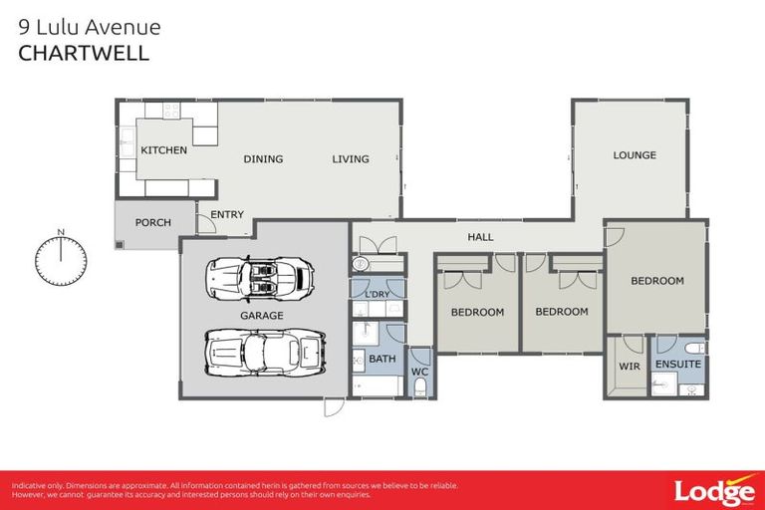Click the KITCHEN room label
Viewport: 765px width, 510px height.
[163, 150]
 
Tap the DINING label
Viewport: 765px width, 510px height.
[263, 159]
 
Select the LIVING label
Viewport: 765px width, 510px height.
[350, 159]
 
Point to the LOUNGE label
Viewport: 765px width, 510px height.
[635, 155]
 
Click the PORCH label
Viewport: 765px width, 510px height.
[152, 223]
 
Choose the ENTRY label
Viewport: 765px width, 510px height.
[227, 215]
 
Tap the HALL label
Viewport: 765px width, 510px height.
[481, 237]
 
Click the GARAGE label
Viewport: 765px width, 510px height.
[261, 316]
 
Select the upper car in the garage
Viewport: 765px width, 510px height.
[258, 279]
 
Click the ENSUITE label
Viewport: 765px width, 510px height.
[677, 365]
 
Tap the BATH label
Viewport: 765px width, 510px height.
[382, 358]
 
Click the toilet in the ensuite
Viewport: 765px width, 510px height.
[694, 349]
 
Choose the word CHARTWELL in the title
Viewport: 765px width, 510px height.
[84, 54]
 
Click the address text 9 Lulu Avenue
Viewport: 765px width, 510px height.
[90, 27]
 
